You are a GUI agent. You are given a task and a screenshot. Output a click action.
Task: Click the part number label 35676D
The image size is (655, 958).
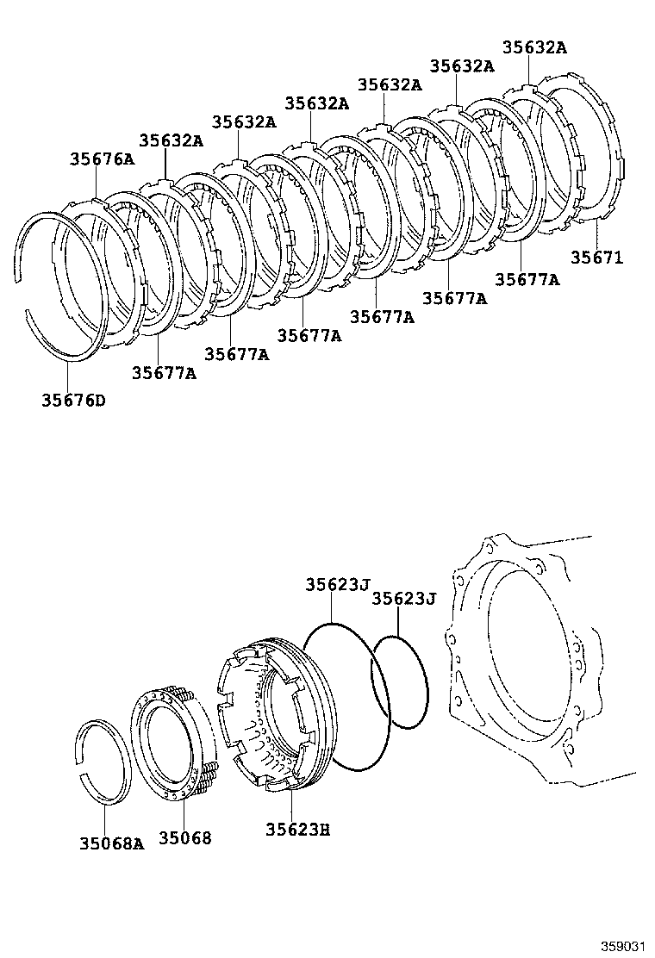(x=73, y=400)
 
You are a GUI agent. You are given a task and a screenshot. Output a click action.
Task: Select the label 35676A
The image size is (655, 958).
(x=103, y=159)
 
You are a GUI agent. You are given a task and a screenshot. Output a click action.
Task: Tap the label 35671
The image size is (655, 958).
(x=596, y=257)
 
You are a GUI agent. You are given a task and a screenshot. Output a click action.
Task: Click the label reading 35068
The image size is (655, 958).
(x=184, y=837)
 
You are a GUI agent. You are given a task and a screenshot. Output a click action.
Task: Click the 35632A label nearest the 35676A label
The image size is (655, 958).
(x=171, y=140)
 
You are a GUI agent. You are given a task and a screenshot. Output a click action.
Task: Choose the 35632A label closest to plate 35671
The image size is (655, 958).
(x=534, y=47)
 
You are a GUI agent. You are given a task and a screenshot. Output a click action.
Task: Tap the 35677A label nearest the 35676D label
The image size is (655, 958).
(x=164, y=372)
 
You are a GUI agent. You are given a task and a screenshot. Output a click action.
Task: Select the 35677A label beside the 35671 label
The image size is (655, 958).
(x=527, y=279)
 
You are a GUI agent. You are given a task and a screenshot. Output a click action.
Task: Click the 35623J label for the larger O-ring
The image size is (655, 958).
(x=337, y=584)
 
